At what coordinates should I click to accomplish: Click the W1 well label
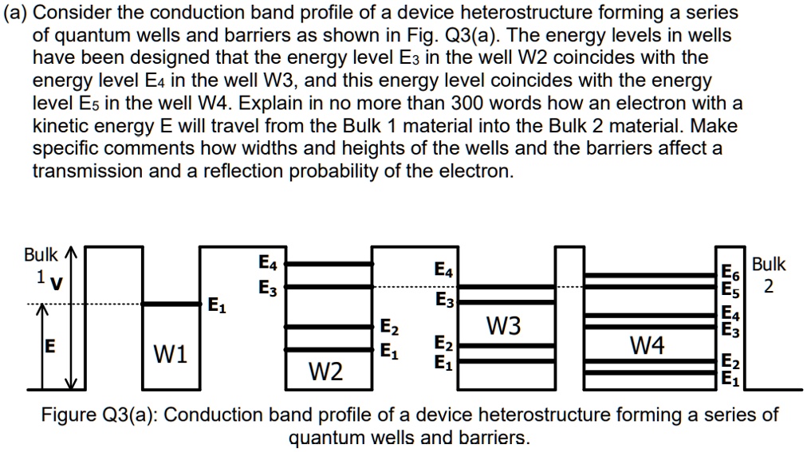pyautogui.click(x=171, y=353)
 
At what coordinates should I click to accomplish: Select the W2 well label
pyautogui.click(x=325, y=371)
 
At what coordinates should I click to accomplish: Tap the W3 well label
pyautogui.click(x=504, y=326)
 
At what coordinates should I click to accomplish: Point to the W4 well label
pyautogui.click(x=647, y=345)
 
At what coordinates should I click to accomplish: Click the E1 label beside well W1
pyautogui.click(x=215, y=305)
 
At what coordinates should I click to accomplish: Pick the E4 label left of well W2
pyautogui.click(x=268, y=262)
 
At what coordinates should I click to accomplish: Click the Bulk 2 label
pyautogui.click(x=769, y=274)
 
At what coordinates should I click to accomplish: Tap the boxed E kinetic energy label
pyautogui.click(x=49, y=347)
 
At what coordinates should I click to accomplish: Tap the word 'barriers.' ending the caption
pyautogui.click(x=491, y=438)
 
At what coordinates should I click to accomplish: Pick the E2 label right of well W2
pyautogui.click(x=388, y=327)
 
